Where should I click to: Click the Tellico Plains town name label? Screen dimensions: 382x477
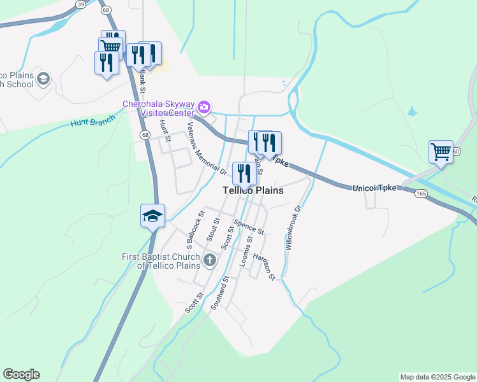point(253,190)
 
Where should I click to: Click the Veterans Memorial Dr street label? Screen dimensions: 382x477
point(207,148)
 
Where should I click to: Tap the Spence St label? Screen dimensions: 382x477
point(248,226)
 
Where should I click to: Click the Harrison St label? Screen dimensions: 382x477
point(263,266)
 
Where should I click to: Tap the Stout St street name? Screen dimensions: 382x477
point(212,230)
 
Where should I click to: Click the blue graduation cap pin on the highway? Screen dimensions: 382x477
point(153,215)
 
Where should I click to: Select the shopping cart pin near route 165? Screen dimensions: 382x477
point(441,152)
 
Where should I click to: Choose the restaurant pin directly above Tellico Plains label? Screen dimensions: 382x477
point(244,172)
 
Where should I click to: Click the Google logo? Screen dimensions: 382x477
point(21,374)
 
